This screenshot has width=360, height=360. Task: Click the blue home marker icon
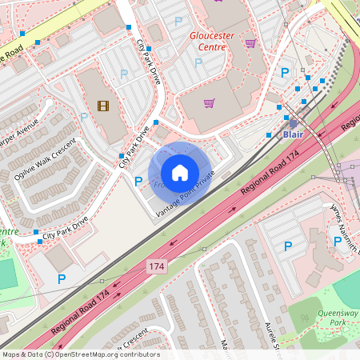[x=180, y=173]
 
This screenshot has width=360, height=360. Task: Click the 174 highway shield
[x=157, y=266]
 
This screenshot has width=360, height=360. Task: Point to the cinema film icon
[x=102, y=105]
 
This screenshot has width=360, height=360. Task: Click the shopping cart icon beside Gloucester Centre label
[x=250, y=43]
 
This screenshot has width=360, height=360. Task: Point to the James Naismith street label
[x=346, y=228]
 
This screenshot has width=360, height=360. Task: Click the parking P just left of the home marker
[x=138, y=182]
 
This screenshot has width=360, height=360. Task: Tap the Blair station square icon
[x=292, y=123]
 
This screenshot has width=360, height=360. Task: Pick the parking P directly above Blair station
[x=283, y=73]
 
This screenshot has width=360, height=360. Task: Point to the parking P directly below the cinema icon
[x=84, y=117]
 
